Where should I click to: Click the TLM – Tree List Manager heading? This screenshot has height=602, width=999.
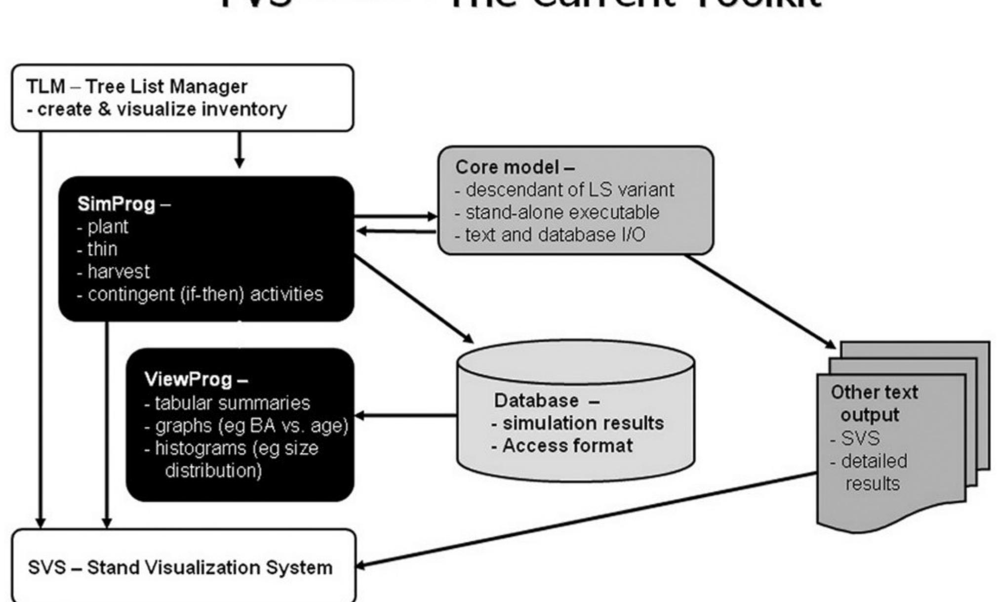(x=137, y=86)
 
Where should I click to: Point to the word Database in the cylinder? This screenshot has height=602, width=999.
(x=536, y=400)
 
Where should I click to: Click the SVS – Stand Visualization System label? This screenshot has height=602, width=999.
(x=180, y=567)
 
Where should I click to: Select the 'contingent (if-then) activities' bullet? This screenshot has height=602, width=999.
(x=200, y=294)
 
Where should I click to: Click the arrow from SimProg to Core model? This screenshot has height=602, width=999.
(x=395, y=216)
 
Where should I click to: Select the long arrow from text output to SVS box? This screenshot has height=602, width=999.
(x=588, y=519)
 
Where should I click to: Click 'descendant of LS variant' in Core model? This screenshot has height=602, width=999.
(x=564, y=190)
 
